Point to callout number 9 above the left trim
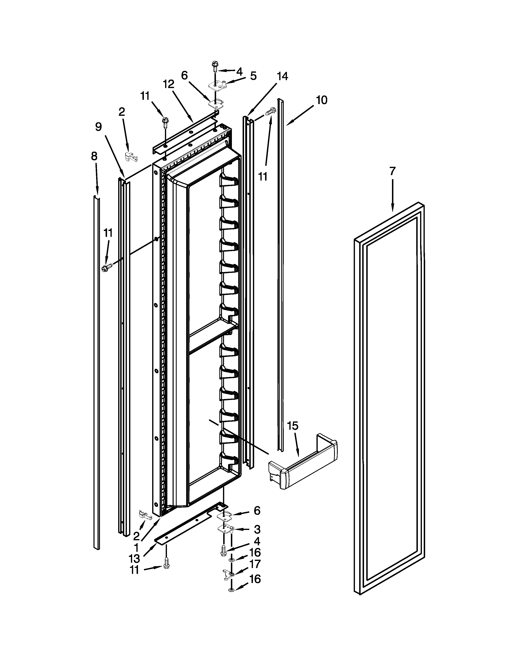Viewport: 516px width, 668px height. (98, 127)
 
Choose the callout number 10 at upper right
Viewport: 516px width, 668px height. (321, 100)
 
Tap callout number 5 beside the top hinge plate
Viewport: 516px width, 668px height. (253, 76)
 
